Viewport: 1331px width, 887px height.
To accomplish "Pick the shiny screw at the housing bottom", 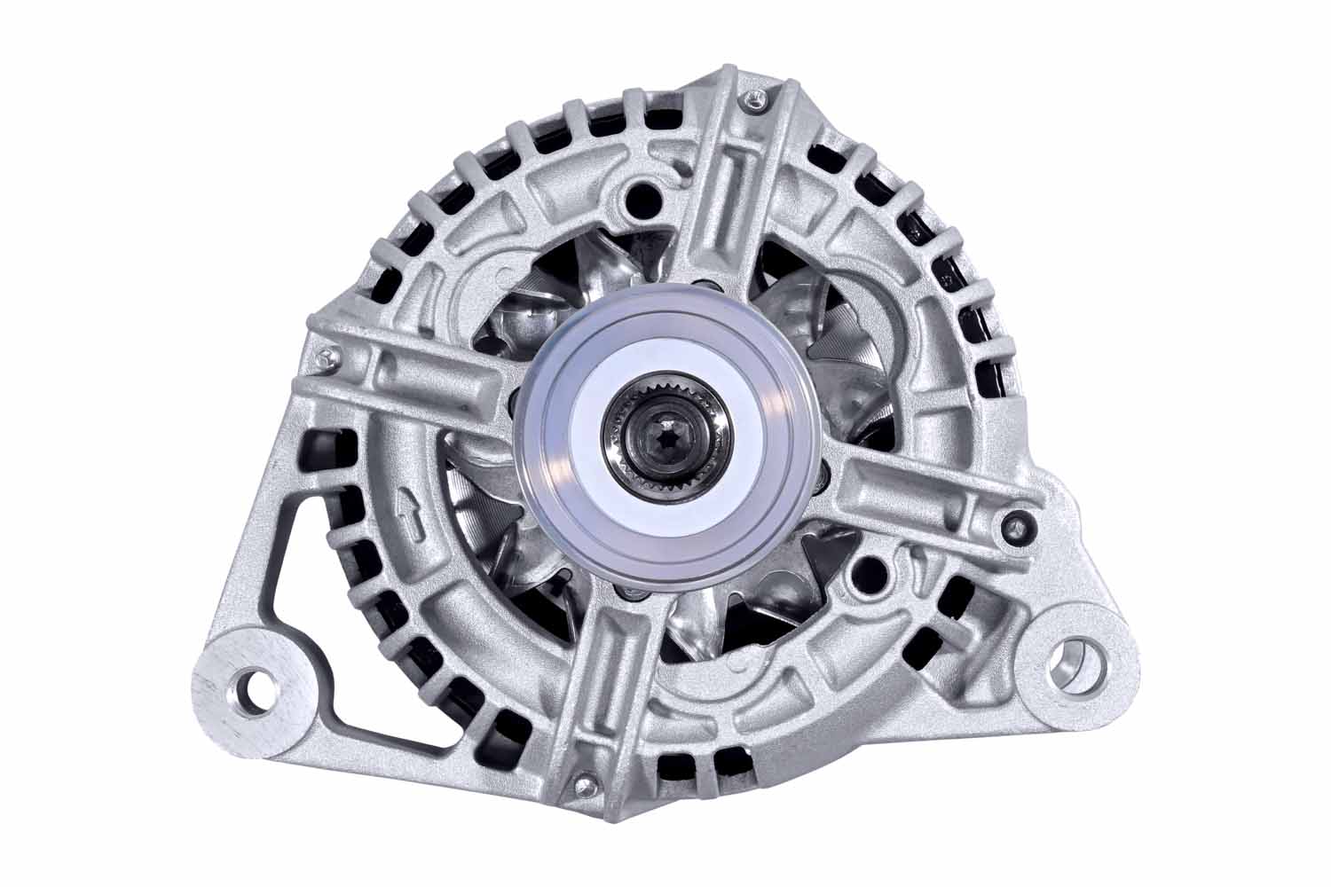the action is pyautogui.click(x=583, y=782).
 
